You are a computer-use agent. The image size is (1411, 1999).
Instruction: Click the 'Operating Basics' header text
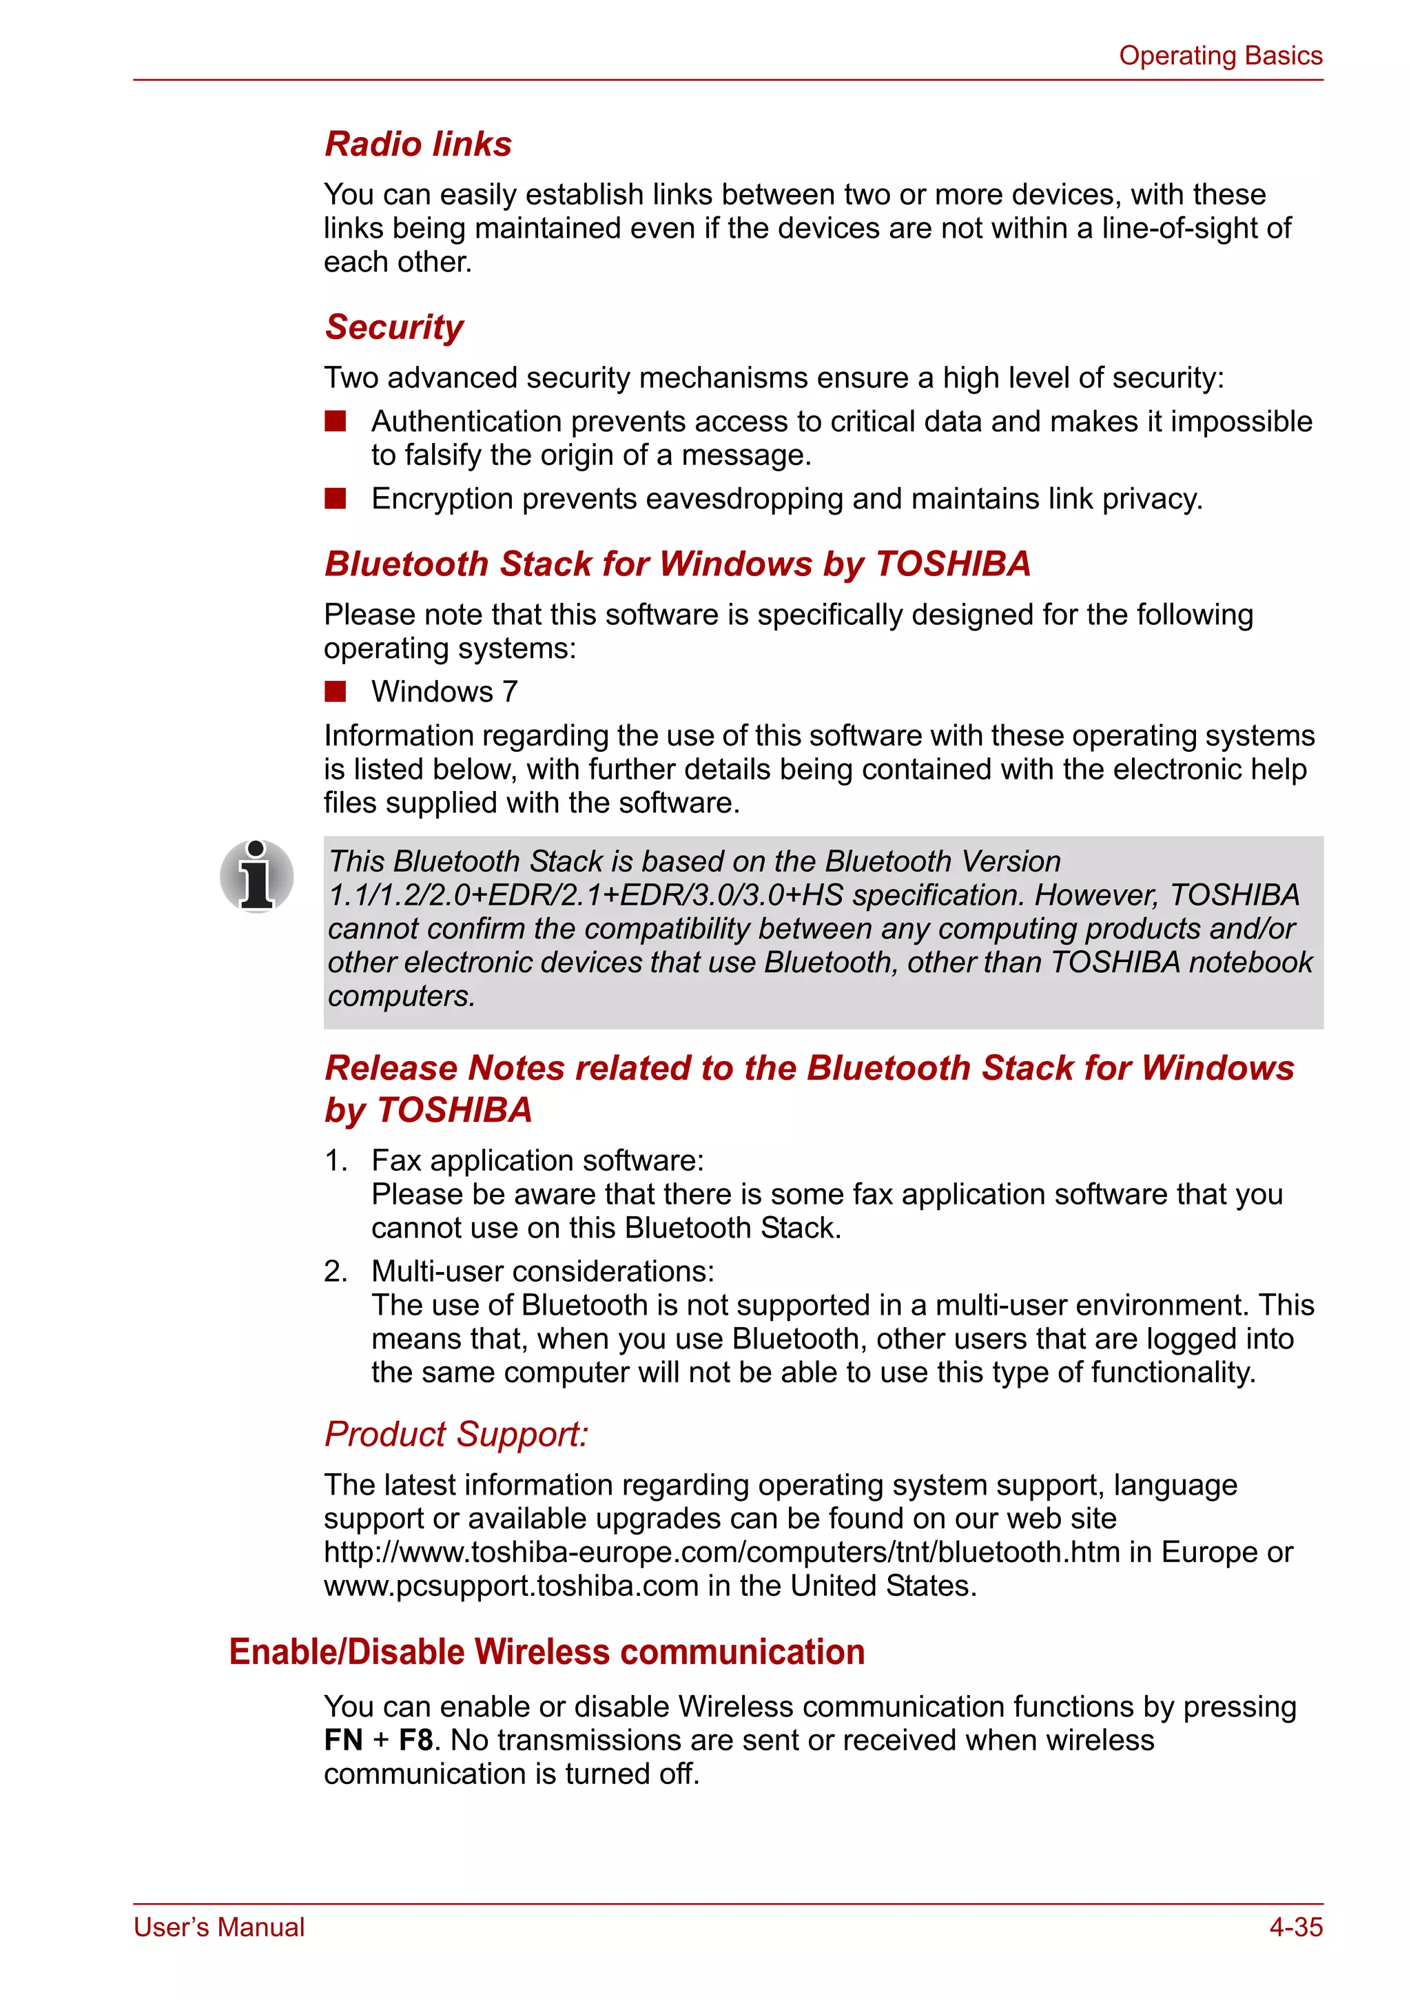[1219, 56]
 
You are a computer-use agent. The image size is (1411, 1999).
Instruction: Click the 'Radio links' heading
[418, 143]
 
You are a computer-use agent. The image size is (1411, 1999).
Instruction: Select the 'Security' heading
[393, 327]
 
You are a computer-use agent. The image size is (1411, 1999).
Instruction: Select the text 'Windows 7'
[444, 692]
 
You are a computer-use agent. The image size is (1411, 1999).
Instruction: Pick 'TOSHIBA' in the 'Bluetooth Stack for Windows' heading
[952, 564]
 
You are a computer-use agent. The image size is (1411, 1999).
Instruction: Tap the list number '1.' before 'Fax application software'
[336, 1160]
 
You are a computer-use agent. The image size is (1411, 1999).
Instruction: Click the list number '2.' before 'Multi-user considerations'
[336, 1272]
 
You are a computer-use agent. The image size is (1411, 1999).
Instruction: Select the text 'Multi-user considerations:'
[542, 1272]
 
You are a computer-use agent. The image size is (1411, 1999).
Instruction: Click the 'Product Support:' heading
[456, 1434]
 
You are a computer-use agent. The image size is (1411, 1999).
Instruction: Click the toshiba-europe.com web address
[721, 1552]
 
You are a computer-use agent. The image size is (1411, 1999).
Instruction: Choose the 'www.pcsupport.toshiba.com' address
[511, 1586]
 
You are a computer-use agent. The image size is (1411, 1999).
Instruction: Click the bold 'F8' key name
[415, 1741]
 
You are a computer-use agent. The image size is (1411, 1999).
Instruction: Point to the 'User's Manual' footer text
[218, 1927]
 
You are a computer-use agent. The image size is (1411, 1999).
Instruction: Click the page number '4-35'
[1295, 1927]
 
